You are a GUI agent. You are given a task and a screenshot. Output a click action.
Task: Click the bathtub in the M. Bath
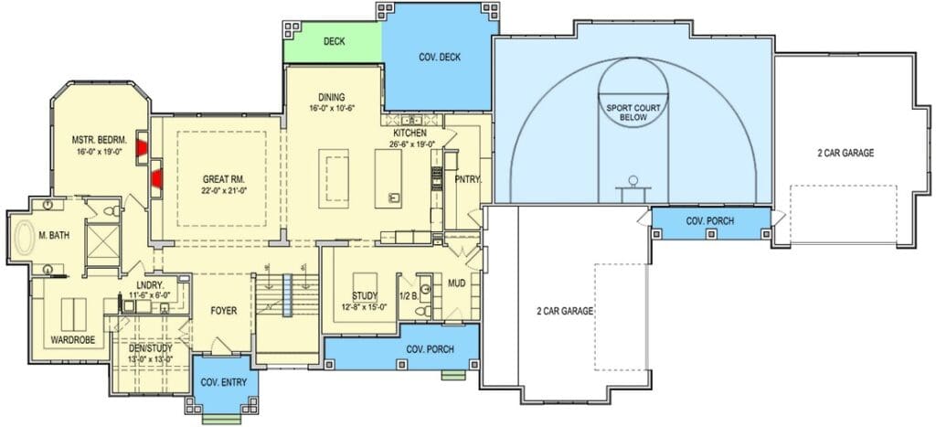[x=25, y=236]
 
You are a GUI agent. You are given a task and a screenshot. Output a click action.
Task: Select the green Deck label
[x=335, y=42]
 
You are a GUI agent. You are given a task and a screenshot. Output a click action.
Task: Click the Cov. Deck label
[x=441, y=58]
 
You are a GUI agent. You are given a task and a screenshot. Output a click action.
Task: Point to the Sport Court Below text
[x=633, y=112]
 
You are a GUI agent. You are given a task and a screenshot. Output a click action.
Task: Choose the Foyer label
[x=224, y=311]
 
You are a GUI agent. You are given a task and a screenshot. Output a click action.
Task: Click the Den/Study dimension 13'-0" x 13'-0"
[x=151, y=359]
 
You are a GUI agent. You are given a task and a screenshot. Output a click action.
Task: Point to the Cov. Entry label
[x=223, y=383]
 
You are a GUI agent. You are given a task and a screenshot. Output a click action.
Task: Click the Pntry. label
[x=469, y=178]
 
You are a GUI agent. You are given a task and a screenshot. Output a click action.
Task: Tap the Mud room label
[x=457, y=283]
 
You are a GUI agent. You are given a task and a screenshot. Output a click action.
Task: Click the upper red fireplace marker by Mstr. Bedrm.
[x=142, y=147]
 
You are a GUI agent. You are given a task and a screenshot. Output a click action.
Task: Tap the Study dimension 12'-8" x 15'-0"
[x=366, y=307]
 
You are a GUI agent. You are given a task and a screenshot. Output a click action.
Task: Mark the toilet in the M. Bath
[x=111, y=210]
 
